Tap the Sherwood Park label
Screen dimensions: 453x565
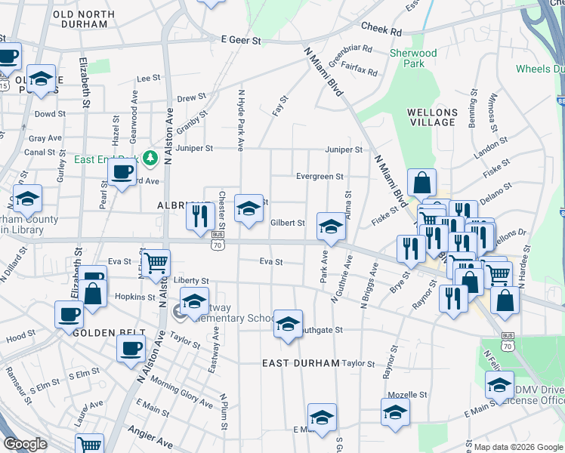413,59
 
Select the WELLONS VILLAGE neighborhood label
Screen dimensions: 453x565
432,117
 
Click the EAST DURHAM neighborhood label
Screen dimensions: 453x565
301,363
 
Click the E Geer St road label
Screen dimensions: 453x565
241,40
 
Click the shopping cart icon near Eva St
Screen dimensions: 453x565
156,263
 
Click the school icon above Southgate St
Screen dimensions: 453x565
287,323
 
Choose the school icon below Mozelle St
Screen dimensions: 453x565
395,412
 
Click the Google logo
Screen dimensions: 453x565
25,444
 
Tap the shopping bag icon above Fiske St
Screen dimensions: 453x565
421,182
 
